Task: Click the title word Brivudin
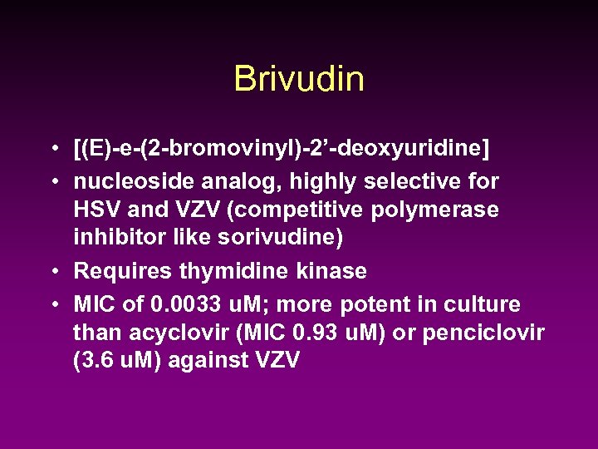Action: (299, 80)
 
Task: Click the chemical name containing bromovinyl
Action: (282, 150)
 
